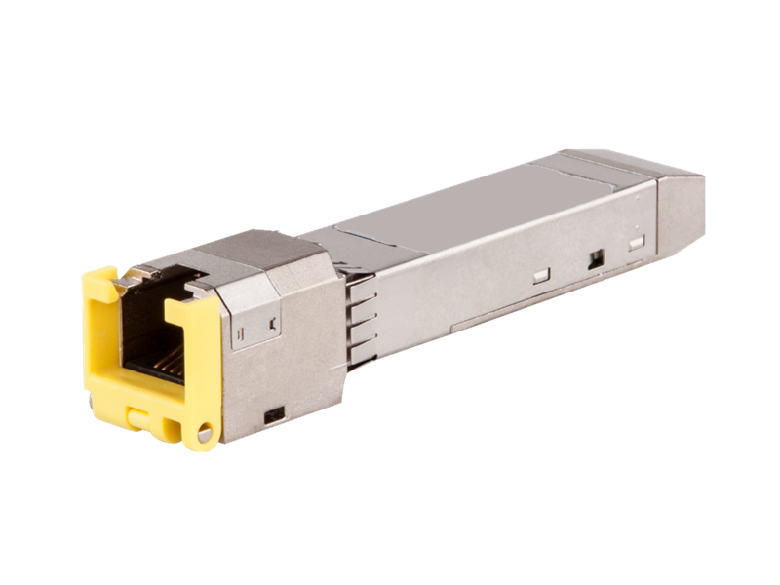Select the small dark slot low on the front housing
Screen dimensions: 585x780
[274, 414]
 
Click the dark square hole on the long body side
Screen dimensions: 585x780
[596, 259]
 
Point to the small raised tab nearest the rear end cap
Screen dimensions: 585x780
[637, 242]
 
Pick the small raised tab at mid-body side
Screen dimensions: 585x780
[541, 276]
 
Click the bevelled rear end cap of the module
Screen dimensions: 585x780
[680, 210]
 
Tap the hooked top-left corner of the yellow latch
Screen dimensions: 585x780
[97, 279]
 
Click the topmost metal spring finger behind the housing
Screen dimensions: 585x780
[361, 283]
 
